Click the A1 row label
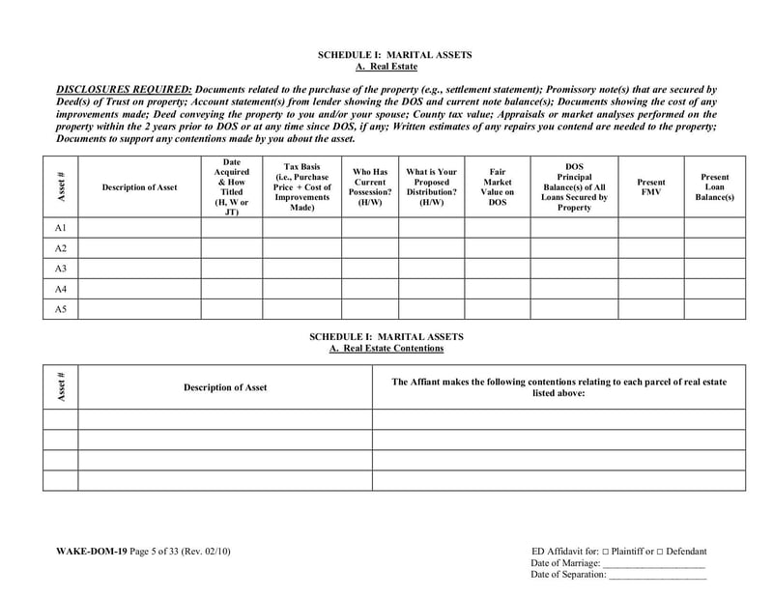[x=60, y=227]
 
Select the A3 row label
[x=60, y=269]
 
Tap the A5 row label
[x=60, y=309]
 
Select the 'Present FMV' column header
[x=651, y=186]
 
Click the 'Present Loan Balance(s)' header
[x=715, y=186]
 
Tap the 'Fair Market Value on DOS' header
[x=498, y=186]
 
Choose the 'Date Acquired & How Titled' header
[x=232, y=186]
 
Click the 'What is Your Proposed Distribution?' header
[x=432, y=186]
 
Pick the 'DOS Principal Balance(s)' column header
[x=574, y=186]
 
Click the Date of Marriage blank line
[x=654, y=563]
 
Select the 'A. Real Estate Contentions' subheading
[x=386, y=348]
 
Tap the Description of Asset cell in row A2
[x=139, y=248]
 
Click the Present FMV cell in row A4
[x=651, y=289]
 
